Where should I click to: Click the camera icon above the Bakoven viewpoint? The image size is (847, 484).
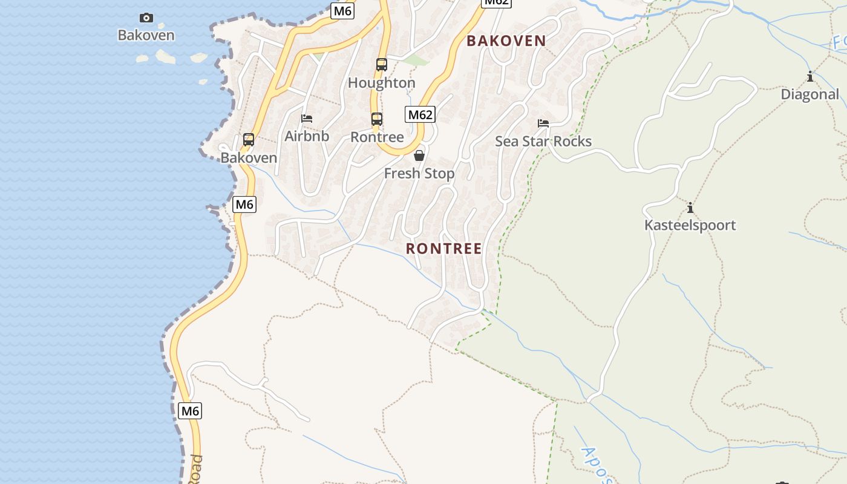[146, 18]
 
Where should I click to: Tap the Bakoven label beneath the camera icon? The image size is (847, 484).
[146, 35]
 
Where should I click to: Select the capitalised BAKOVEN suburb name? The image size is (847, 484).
[506, 41]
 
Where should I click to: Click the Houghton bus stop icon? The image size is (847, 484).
[381, 65]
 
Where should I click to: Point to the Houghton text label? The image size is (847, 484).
[381, 83]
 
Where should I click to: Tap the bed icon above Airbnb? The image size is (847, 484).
[307, 118]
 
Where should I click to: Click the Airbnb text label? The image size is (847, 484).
[307, 136]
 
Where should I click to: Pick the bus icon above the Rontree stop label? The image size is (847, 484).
[376, 119]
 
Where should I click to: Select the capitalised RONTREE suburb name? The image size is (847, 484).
[443, 249]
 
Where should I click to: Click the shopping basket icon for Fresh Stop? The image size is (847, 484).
[419, 156]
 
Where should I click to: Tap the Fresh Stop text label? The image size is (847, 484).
[419, 174]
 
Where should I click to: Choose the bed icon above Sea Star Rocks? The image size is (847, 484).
[543, 124]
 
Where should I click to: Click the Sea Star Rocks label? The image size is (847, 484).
[543, 142]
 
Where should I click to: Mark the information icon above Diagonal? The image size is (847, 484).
[809, 77]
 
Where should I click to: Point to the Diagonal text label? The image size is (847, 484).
[809, 94]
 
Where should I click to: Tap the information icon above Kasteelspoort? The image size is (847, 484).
[690, 208]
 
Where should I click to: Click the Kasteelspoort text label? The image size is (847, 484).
[690, 226]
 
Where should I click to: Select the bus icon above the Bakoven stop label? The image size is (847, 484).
[248, 140]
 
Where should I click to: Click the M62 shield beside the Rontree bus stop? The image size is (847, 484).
[420, 114]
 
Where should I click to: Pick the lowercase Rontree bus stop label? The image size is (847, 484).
[377, 137]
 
